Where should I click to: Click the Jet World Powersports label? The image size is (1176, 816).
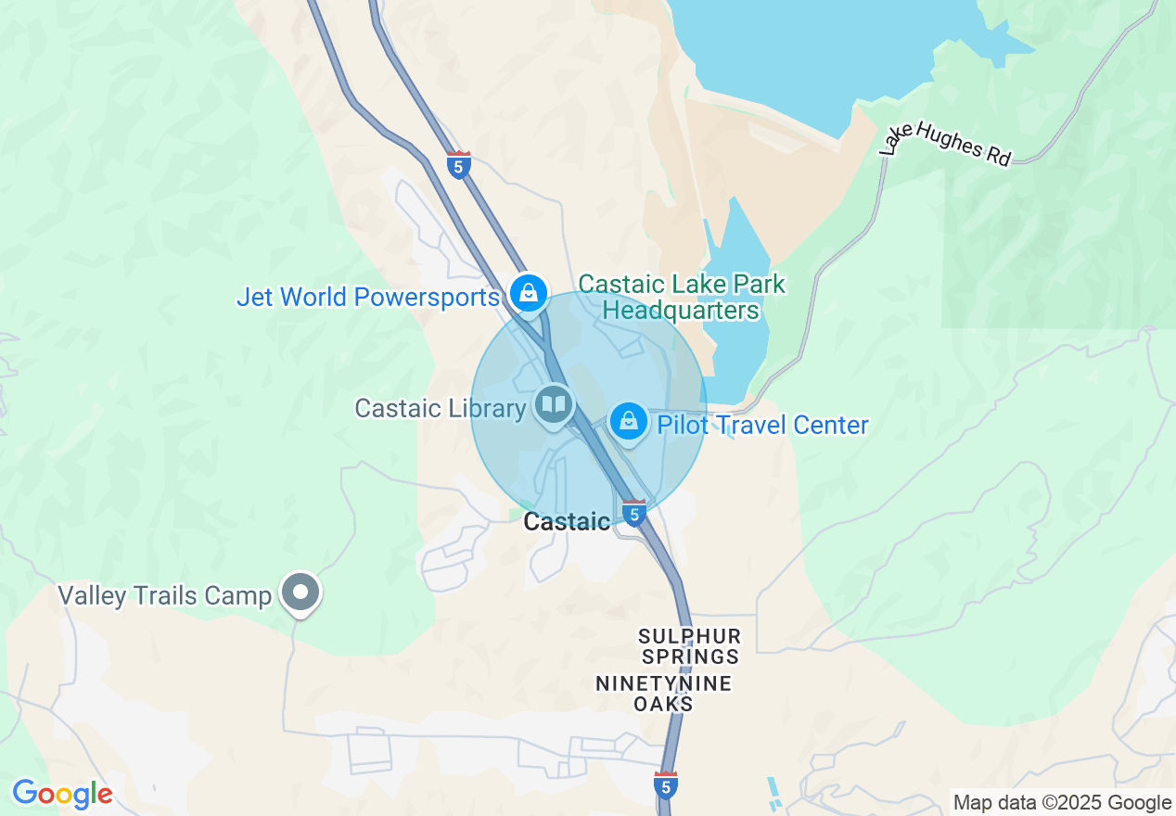pyautogui.click(x=368, y=298)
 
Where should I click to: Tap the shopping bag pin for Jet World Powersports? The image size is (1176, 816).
pyautogui.click(x=528, y=294)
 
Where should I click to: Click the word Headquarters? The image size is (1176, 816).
pyautogui.click(x=682, y=311)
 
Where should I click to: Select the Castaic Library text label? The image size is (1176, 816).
pyautogui.click(x=441, y=409)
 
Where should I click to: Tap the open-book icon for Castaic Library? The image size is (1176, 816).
pyautogui.click(x=554, y=405)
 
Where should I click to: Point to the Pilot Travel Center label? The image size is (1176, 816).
pyautogui.click(x=762, y=426)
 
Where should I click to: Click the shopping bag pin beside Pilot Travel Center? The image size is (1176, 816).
pyautogui.click(x=629, y=422)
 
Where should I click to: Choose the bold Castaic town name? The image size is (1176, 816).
pyautogui.click(x=567, y=522)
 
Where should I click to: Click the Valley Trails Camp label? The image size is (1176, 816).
pyautogui.click(x=164, y=595)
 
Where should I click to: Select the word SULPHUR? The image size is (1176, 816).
pyautogui.click(x=689, y=637)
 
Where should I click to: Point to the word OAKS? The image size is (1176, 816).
pyautogui.click(x=663, y=705)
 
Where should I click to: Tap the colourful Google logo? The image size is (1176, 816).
pyautogui.click(x=62, y=795)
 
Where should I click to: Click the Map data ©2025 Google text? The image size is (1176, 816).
pyautogui.click(x=1063, y=803)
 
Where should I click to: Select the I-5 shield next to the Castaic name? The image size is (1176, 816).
pyautogui.click(x=634, y=513)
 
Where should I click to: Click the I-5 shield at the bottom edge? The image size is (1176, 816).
pyautogui.click(x=665, y=784)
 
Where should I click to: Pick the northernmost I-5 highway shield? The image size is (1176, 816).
pyautogui.click(x=458, y=165)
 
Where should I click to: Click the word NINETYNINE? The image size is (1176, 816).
pyautogui.click(x=663, y=684)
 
